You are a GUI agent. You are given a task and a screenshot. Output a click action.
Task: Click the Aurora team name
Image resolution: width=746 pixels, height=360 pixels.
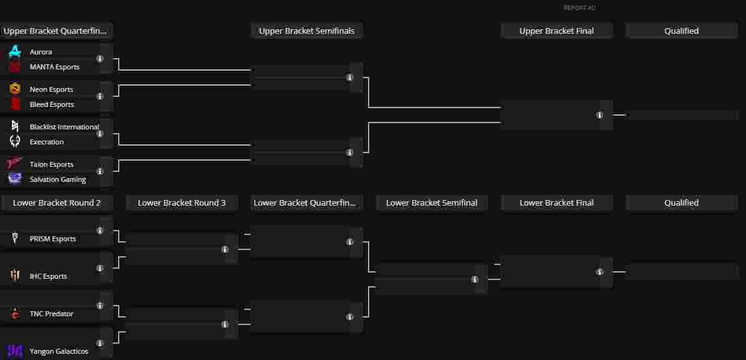[x=41, y=52]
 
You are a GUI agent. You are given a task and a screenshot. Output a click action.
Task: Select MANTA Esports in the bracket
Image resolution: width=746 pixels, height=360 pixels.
[x=54, y=67]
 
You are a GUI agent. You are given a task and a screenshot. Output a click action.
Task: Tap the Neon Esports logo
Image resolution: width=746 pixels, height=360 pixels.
[x=15, y=89]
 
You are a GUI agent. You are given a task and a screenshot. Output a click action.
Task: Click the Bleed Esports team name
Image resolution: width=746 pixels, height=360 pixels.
[x=52, y=104]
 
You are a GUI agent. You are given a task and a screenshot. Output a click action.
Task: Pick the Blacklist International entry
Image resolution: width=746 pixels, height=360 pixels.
[x=64, y=127]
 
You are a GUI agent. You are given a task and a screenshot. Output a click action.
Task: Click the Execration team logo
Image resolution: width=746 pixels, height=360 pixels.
[x=15, y=142]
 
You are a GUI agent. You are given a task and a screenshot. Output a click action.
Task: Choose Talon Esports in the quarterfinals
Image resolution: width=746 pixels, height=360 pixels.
[x=51, y=164]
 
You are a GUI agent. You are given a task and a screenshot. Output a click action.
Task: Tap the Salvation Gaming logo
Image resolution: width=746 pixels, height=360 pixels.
[x=15, y=179]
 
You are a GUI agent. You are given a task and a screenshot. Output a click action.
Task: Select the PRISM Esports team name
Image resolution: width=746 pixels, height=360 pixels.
[x=52, y=239]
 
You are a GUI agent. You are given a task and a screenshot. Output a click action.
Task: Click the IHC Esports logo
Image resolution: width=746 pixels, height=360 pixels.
[x=15, y=276]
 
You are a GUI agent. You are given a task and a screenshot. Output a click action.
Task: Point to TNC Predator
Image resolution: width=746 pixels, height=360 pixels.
[x=51, y=314]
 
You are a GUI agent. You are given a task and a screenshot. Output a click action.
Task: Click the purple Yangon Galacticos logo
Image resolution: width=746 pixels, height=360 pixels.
[x=15, y=351]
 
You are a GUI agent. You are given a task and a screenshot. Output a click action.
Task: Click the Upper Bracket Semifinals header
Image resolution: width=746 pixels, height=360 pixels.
[x=307, y=31]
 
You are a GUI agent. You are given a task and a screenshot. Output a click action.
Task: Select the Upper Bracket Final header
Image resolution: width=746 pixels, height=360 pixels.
[x=557, y=31]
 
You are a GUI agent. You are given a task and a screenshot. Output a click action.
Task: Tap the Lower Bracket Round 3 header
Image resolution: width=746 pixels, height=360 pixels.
[x=182, y=202]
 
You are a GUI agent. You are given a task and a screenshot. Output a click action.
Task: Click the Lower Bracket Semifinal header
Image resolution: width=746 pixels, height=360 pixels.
[x=432, y=202]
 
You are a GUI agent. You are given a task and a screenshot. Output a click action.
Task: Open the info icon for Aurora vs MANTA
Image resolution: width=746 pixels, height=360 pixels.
[x=100, y=59]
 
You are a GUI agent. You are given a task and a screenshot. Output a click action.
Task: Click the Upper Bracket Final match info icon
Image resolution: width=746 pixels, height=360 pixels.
[x=600, y=115]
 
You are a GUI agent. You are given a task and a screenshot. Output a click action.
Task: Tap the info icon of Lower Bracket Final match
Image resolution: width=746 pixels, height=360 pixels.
[x=600, y=272]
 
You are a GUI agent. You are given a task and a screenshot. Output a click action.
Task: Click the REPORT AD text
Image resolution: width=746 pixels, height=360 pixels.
[x=579, y=8]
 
